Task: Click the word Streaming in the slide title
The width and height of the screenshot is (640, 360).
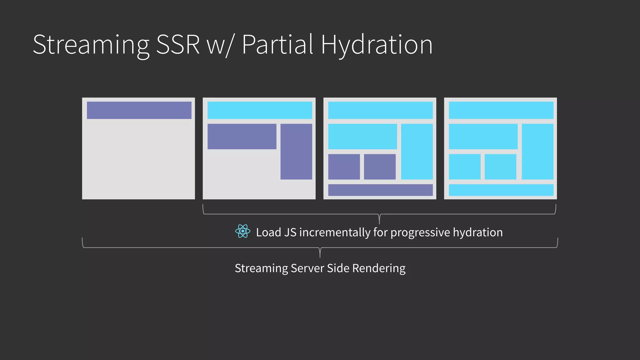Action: (91, 45)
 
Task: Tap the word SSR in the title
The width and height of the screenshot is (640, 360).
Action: (177, 44)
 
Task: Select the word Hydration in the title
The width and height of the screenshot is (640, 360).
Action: (377, 45)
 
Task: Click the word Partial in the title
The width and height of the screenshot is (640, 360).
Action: (277, 44)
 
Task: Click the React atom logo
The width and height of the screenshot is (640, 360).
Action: (242, 231)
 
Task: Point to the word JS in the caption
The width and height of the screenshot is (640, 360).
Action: (290, 232)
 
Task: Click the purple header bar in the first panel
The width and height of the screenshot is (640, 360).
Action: (139, 110)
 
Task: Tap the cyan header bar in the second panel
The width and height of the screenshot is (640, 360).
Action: (260, 110)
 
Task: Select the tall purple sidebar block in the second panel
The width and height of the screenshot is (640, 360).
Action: (296, 152)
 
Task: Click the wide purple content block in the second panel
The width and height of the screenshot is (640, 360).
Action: (242, 136)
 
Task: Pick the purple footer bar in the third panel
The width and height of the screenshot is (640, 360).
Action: (380, 190)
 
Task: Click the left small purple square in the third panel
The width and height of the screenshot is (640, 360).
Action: (344, 167)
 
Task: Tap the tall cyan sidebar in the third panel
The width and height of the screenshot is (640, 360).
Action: (417, 152)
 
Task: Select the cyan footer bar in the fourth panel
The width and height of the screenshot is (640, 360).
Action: (501, 190)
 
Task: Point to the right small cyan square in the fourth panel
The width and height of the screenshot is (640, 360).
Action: (500, 167)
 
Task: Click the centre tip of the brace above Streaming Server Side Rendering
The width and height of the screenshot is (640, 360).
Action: (320, 256)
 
